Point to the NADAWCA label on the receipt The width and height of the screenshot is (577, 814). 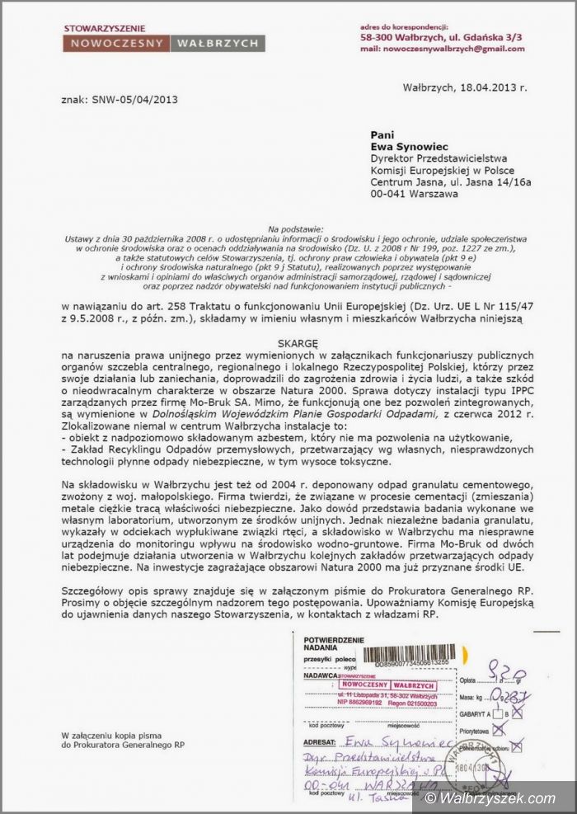coord(321,675)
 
